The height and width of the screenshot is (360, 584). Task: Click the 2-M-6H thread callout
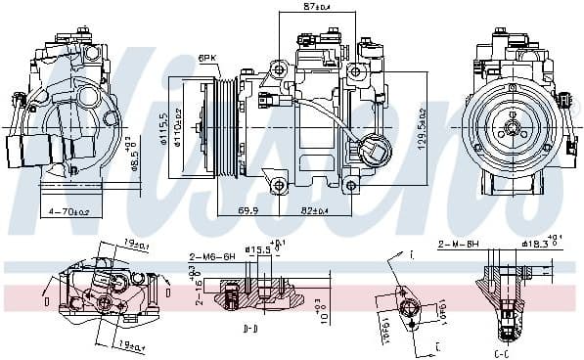(458, 244)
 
